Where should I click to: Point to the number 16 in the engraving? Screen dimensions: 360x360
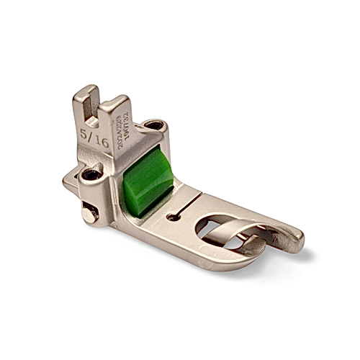102,143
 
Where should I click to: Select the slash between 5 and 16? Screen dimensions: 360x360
94,138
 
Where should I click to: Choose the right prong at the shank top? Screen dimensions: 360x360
114,108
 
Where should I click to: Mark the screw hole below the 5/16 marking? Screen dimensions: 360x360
92,174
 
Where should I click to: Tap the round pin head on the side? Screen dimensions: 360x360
88,214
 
